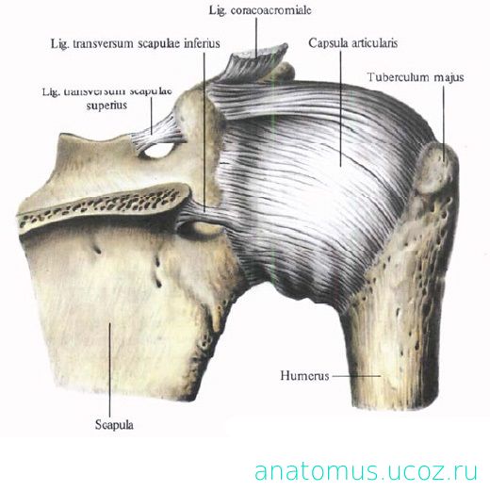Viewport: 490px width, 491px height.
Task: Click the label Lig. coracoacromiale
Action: (260, 10)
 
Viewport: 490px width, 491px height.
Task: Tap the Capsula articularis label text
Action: (352, 43)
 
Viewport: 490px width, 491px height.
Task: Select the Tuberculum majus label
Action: (416, 77)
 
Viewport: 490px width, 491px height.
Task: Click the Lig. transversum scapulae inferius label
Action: (136, 43)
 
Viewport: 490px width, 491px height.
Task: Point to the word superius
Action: (106, 106)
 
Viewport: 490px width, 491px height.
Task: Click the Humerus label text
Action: (304, 375)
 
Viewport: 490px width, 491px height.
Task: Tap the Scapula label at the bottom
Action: (114, 425)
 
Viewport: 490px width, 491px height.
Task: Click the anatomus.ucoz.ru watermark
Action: (367, 471)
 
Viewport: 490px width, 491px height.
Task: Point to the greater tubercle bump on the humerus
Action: (436, 167)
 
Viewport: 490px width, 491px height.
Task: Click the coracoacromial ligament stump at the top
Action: (256, 64)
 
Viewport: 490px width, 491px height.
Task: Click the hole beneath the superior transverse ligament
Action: (158, 151)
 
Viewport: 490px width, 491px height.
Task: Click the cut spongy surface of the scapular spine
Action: (104, 205)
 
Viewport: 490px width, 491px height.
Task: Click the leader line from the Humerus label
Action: (356, 375)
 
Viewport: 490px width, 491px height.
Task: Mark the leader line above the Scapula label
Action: (110, 369)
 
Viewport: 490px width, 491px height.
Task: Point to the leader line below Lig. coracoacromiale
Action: (256, 38)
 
